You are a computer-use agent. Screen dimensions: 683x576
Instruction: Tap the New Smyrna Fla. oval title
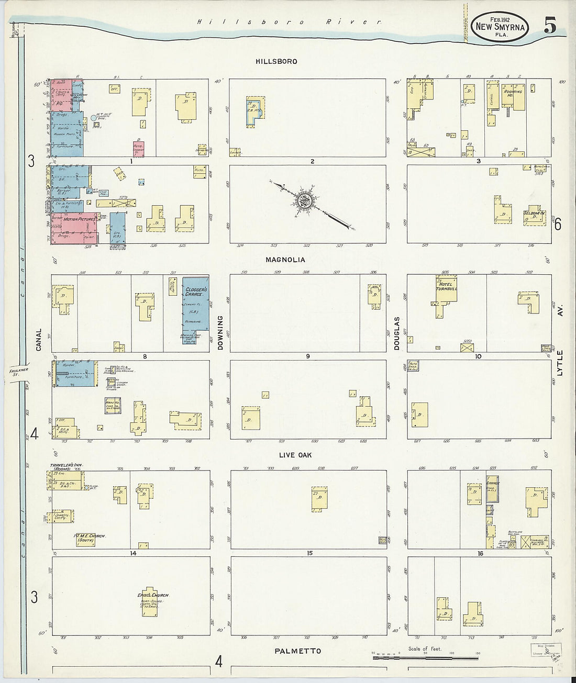(499, 26)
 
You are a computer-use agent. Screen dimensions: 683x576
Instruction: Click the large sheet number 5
(549, 26)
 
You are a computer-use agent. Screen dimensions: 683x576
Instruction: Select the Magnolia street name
(285, 260)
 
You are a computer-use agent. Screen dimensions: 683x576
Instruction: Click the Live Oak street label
(295, 455)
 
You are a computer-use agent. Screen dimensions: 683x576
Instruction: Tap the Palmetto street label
(297, 651)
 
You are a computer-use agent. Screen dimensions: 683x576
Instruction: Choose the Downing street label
(220, 333)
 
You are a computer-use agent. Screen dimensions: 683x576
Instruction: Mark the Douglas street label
(396, 333)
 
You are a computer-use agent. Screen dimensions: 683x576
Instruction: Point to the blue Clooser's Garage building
(196, 304)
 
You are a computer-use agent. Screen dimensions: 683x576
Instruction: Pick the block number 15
(310, 553)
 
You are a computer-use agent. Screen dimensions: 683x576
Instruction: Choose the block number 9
(308, 356)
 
